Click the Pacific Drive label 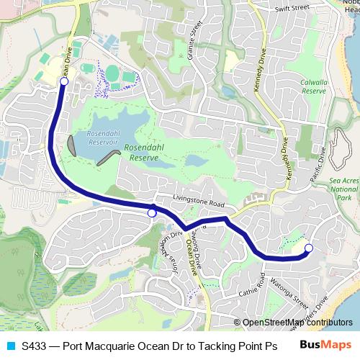(x=318, y=165)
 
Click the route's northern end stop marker (x=64, y=82)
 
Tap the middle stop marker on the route (x=152, y=212)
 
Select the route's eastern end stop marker (x=309, y=248)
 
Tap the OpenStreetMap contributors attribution (x=297, y=323)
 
